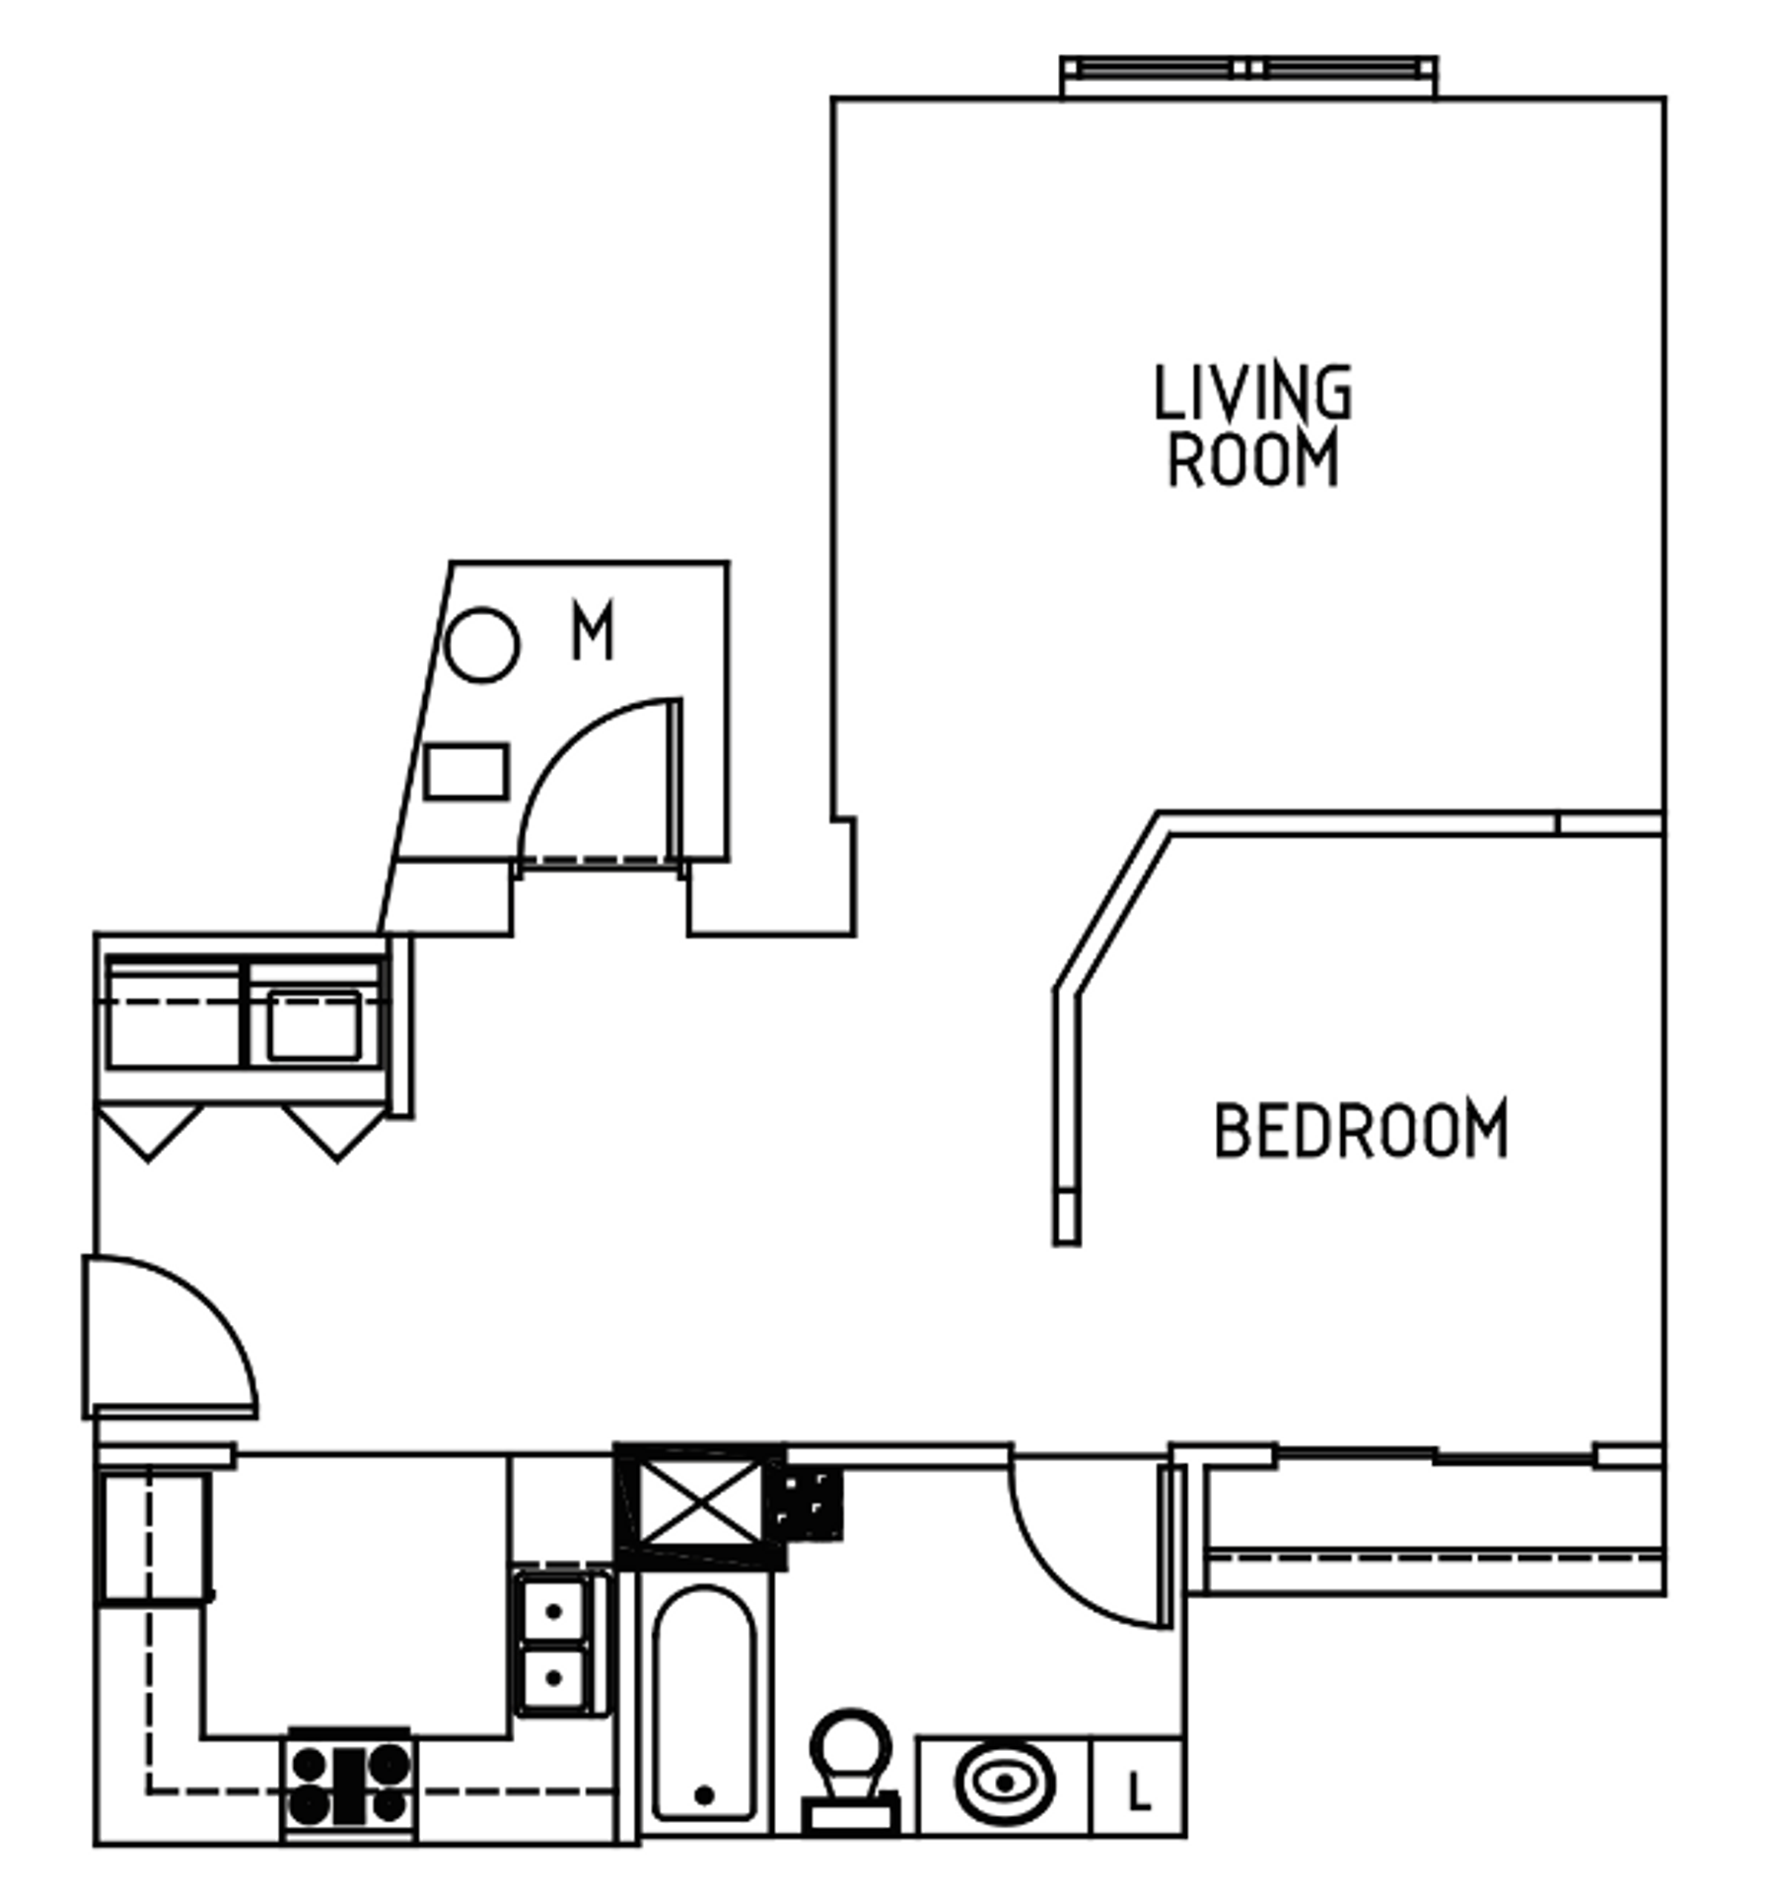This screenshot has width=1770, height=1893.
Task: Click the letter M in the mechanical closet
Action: (592, 631)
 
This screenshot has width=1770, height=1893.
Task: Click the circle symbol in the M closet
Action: (480, 645)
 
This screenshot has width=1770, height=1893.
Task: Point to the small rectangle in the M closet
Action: (465, 771)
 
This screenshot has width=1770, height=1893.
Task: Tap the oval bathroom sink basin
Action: (1003, 1783)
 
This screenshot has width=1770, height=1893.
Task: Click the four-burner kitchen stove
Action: (350, 1783)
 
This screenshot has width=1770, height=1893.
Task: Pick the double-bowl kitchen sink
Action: (553, 1644)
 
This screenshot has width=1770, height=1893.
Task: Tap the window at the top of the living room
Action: (1247, 69)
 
